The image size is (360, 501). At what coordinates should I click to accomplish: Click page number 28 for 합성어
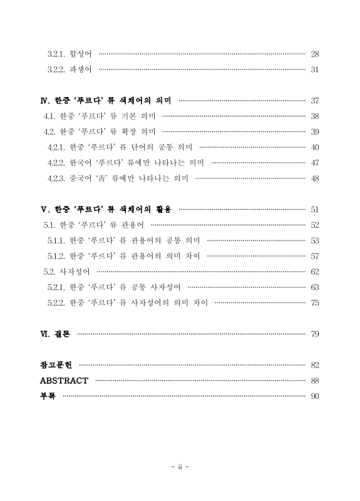click(x=315, y=54)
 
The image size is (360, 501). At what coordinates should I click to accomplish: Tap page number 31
click(x=315, y=69)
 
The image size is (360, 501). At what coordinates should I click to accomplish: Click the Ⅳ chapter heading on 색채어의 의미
click(x=106, y=100)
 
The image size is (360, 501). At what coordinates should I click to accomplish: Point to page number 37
click(x=315, y=101)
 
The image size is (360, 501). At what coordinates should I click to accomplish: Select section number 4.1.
click(x=49, y=116)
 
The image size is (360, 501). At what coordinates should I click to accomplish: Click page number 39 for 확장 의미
click(x=315, y=132)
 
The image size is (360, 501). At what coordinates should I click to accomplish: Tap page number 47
click(x=315, y=162)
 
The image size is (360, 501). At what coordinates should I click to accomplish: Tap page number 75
click(x=315, y=302)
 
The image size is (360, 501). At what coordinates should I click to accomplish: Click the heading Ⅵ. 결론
click(x=55, y=334)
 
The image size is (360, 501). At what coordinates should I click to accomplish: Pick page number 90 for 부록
click(x=315, y=396)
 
